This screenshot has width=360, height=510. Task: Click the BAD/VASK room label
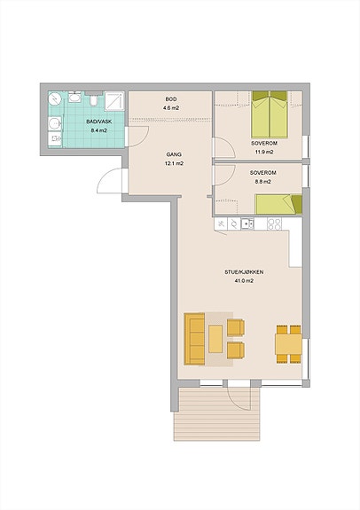[x=98, y=122]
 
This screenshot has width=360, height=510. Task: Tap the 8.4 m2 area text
[x=98, y=130]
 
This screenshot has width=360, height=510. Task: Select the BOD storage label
[x=171, y=99]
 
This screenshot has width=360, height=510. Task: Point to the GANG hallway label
[x=174, y=154]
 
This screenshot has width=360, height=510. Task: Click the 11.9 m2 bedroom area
[x=264, y=152]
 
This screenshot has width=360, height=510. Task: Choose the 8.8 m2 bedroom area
[x=262, y=182]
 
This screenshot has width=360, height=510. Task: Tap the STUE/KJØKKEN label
[x=244, y=272]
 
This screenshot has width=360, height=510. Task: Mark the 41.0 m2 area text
[x=244, y=281]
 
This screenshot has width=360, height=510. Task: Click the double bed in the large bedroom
[x=270, y=114]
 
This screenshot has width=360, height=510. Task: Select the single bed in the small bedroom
[x=278, y=204]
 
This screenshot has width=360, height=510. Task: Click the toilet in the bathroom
[x=94, y=100]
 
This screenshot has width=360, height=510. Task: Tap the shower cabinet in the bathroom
[x=114, y=101]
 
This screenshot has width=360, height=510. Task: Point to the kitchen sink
[x=247, y=224]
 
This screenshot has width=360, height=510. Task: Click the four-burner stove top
[x=274, y=224]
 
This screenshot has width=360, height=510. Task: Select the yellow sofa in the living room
[x=194, y=339]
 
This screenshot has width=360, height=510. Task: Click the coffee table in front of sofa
[x=215, y=339]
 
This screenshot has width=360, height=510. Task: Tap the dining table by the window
[x=288, y=344]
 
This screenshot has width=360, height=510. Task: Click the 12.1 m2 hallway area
[x=174, y=163]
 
